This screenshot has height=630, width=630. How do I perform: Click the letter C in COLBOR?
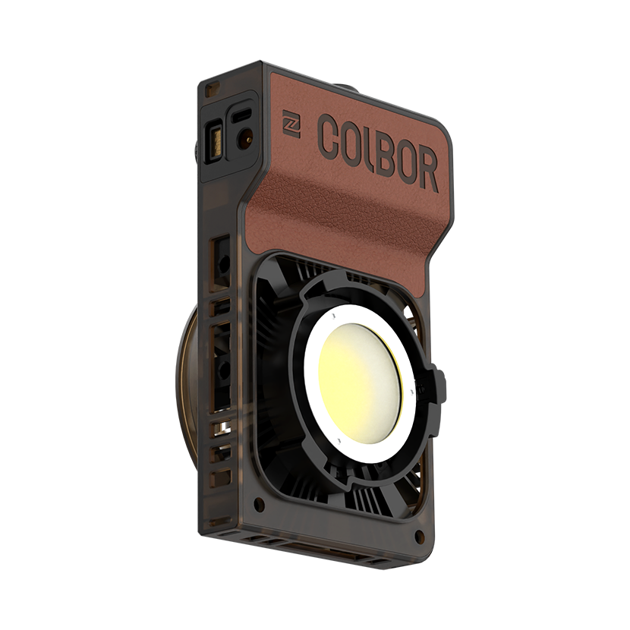(x=329, y=137)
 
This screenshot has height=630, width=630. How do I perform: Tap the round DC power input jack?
(x=245, y=137)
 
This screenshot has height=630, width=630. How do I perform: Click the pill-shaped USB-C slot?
(x=241, y=116)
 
